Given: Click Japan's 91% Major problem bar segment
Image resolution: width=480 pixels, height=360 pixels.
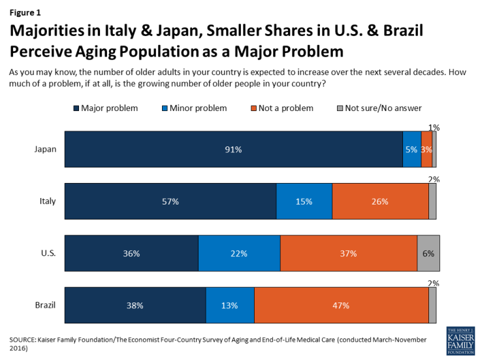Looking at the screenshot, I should pyautogui.click(x=233, y=149).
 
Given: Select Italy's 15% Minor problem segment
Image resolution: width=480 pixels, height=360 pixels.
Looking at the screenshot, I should pyautogui.click(x=304, y=201).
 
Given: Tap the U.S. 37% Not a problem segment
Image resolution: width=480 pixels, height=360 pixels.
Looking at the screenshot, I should pyautogui.click(x=349, y=253).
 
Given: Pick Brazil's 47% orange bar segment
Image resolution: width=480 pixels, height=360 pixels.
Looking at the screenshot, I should pyautogui.click(x=341, y=305).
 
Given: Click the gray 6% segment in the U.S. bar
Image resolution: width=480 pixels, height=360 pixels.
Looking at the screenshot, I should pyautogui.click(x=428, y=253).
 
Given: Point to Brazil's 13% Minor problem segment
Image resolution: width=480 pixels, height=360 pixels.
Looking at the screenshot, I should pyautogui.click(x=230, y=305).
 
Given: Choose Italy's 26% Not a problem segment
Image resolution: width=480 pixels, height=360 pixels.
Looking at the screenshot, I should pyautogui.click(x=380, y=201).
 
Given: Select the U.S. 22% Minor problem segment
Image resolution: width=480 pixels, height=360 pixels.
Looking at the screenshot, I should pyautogui.click(x=239, y=253).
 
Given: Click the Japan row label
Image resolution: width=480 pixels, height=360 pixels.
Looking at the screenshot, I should pyautogui.click(x=45, y=149).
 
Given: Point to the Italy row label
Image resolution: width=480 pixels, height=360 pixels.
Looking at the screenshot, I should pyautogui.click(x=47, y=201).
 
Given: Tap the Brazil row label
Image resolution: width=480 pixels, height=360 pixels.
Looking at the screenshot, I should pyautogui.click(x=46, y=305).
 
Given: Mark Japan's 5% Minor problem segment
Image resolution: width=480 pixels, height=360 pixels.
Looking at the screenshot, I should pyautogui.click(x=412, y=149).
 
